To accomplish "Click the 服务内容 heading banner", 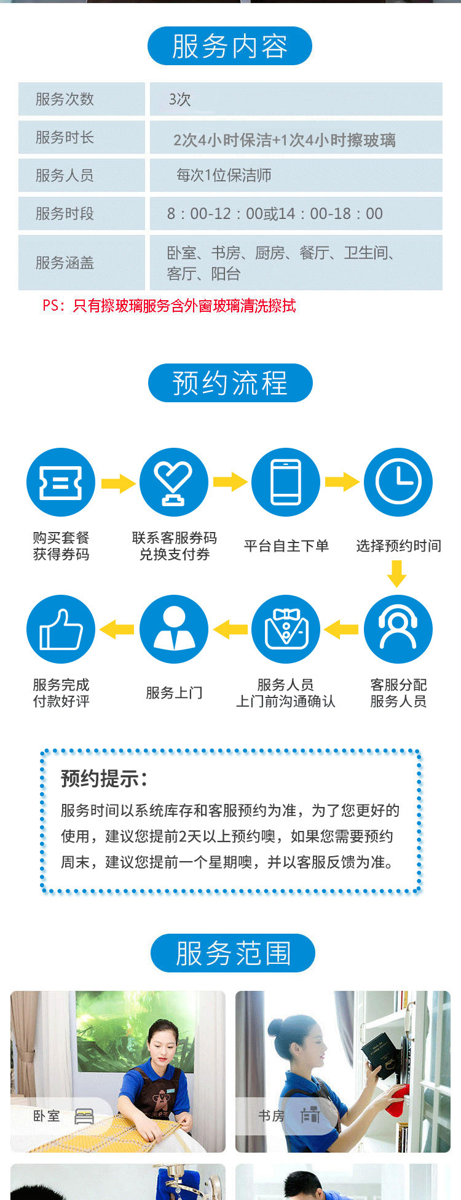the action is [x=230, y=46].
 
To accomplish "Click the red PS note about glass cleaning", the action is [x=169, y=306].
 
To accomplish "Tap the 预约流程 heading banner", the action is [x=230, y=383].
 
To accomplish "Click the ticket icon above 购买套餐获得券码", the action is [x=61, y=482].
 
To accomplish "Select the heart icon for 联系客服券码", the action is [x=174, y=482].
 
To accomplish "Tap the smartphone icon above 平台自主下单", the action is [x=286, y=482].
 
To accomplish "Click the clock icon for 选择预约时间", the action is [x=398, y=482].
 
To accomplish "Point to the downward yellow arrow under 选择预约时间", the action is [x=397, y=574].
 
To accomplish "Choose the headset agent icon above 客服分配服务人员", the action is [x=398, y=629].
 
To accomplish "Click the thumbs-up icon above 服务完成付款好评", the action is [x=61, y=629].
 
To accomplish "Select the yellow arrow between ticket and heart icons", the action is [x=118, y=483].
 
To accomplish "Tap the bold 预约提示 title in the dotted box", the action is [x=104, y=779].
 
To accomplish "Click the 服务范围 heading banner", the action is [x=233, y=953].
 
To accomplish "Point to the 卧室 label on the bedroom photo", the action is [x=47, y=1116].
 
